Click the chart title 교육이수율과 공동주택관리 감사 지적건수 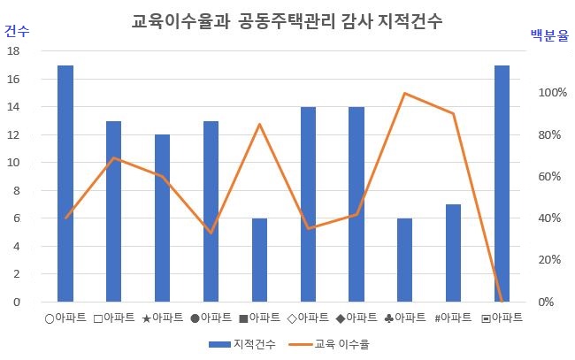287,19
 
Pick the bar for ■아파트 259,260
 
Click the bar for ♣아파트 404,260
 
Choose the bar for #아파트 453,253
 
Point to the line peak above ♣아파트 404,93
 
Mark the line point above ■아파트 259,124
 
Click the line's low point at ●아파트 211,233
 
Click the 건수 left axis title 16,31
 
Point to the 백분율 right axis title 548,35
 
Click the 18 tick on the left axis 13,51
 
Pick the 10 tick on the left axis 13,163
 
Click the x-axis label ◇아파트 308,317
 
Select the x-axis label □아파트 114,317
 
